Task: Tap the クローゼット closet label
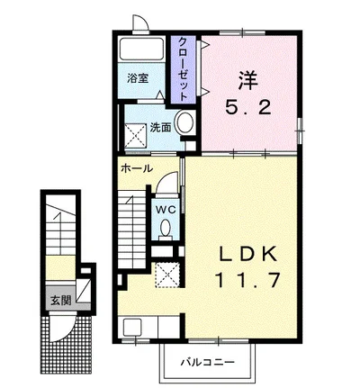tap(183, 68)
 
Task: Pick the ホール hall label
tap(136, 169)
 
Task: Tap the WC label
tap(166, 208)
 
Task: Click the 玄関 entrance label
tap(58, 301)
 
